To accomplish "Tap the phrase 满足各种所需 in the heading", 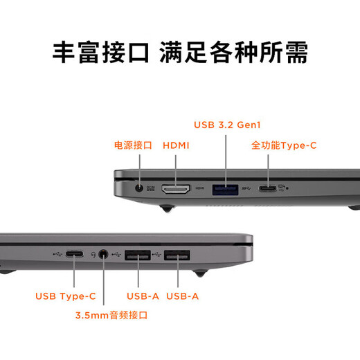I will pos(233,52).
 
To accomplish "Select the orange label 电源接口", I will pos(133,145).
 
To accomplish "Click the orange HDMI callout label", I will pos(176,145).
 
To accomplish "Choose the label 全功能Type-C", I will pos(284,145).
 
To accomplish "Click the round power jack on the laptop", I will pos(141,187).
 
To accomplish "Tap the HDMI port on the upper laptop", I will pos(176,188).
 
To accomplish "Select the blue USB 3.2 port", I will pos(226,188).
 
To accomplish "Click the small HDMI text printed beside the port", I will pos(199,188).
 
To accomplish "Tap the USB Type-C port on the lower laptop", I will pos(76,254).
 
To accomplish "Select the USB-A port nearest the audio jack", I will pos(138,254).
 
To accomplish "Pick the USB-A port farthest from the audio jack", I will pos(177,254).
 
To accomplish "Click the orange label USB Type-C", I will pos(66,296).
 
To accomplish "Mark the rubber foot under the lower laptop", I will pos(198,272).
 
